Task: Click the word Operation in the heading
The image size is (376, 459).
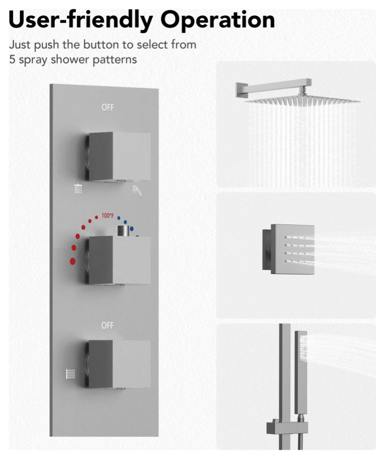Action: click(x=218, y=20)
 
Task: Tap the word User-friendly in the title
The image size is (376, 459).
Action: click(x=81, y=19)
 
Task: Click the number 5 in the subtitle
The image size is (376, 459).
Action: click(x=12, y=59)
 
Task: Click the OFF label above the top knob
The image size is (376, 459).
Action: click(x=107, y=108)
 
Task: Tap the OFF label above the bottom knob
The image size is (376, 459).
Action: click(x=107, y=325)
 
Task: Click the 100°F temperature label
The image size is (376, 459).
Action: click(x=107, y=216)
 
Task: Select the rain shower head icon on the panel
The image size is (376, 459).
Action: click(x=78, y=188)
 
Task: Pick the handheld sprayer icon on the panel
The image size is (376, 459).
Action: click(x=137, y=190)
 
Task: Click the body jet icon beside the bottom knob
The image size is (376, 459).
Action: click(x=70, y=374)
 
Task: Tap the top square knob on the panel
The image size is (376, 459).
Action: click(x=118, y=157)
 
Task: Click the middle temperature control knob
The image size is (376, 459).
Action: click(x=118, y=261)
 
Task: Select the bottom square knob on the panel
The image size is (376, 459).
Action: click(x=118, y=364)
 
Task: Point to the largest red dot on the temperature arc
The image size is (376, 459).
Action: click(x=73, y=261)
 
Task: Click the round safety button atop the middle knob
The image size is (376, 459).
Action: click(x=123, y=231)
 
